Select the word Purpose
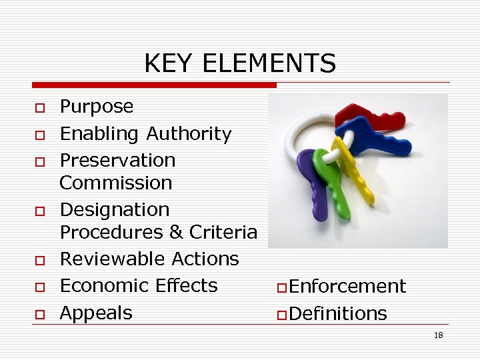click(97, 107)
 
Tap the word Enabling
click(100, 134)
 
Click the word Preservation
click(117, 161)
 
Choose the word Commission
click(116, 183)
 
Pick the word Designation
click(115, 210)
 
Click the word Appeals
click(96, 313)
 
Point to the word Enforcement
click(347, 287)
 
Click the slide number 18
click(438, 335)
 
